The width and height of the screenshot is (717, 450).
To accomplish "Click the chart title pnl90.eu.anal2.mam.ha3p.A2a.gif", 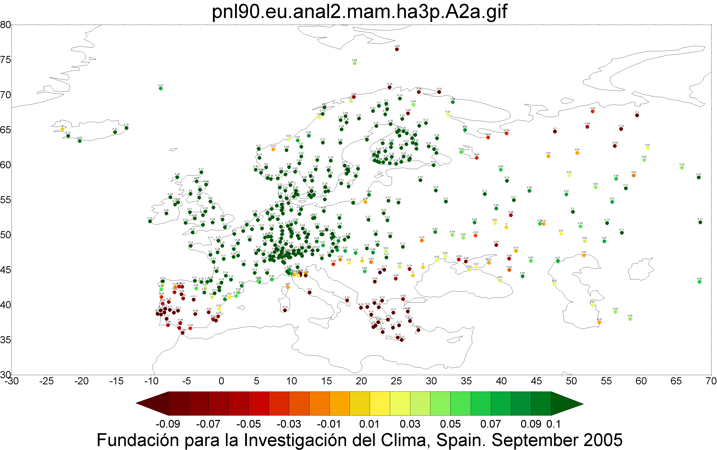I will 359,12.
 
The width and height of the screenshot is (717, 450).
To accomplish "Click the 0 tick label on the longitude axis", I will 221,381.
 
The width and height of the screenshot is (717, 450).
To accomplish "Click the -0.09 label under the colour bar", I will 168,424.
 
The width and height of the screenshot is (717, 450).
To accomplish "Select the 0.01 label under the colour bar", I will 369,424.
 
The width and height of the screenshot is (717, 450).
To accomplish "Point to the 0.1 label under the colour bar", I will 553,424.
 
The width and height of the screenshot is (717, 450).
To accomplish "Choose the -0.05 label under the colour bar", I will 248,424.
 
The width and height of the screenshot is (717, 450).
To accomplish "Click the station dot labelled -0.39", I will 390,87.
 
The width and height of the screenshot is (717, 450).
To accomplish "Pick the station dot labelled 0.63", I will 301,156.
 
